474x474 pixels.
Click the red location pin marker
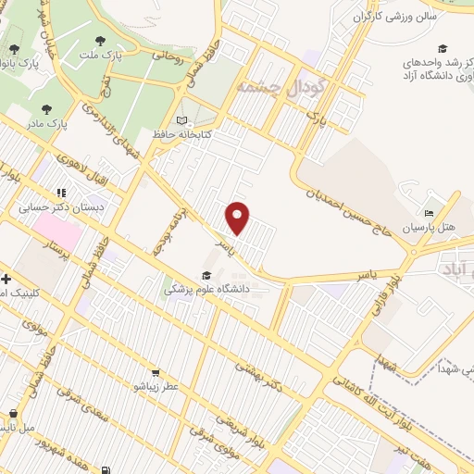click(x=239, y=218)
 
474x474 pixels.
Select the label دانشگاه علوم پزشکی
click(x=210, y=289)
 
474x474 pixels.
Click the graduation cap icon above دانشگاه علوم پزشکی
click(x=207, y=274)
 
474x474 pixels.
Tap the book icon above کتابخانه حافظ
click(x=181, y=119)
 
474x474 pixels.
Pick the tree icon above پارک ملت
click(x=101, y=41)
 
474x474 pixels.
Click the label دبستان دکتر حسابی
click(x=62, y=208)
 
